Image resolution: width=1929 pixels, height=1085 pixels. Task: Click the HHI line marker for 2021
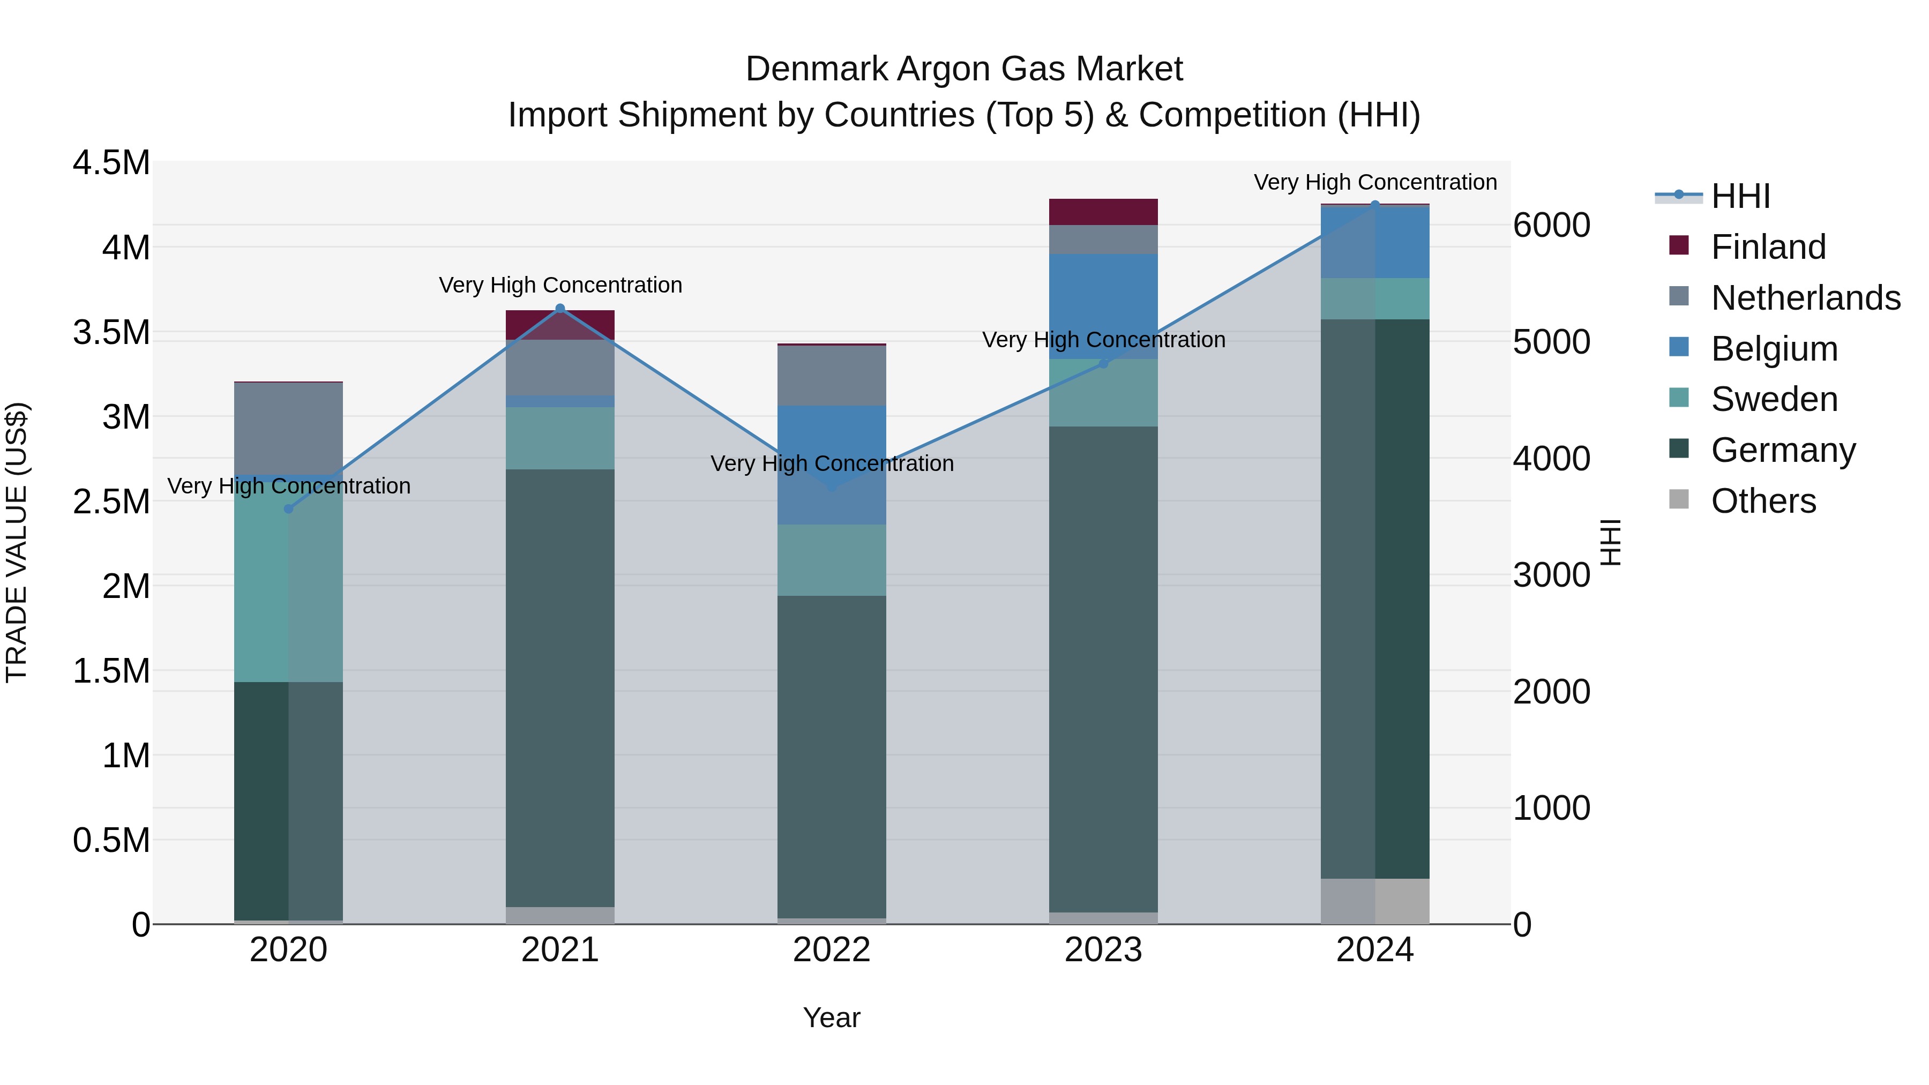tap(560, 309)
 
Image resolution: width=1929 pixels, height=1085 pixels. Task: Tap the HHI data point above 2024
tap(1375, 205)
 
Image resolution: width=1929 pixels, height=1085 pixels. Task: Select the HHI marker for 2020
tap(288, 508)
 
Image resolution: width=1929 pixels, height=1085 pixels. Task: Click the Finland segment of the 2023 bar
tap(1103, 212)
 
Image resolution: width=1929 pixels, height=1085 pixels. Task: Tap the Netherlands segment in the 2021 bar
tap(560, 367)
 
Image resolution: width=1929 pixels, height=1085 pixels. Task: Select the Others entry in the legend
tap(1763, 501)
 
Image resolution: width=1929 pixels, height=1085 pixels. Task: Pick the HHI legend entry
tap(1740, 196)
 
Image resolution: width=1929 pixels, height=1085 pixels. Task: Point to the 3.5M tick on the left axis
tap(111, 332)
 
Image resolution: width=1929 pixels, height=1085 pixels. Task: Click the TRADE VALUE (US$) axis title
tap(17, 542)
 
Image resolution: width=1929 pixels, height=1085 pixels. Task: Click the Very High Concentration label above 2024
tap(1375, 182)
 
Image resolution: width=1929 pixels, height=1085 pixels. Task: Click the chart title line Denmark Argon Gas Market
tap(964, 69)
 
